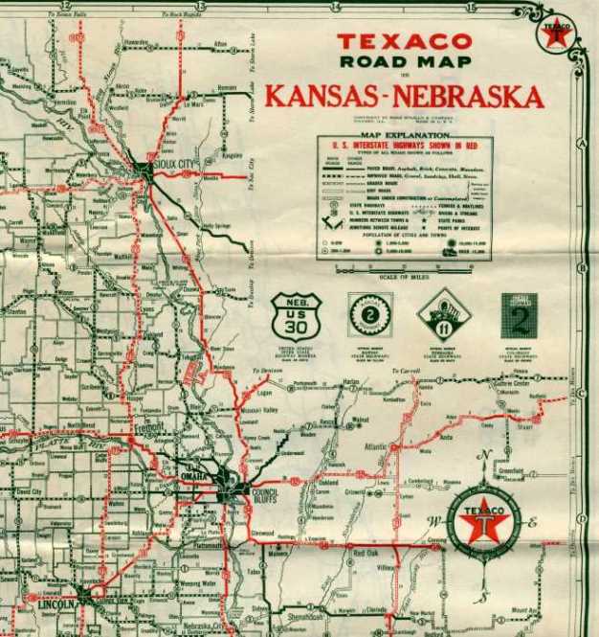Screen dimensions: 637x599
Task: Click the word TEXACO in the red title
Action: coord(404,41)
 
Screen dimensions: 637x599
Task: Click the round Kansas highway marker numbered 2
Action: coord(369,314)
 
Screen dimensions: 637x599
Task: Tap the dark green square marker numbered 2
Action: coord(519,315)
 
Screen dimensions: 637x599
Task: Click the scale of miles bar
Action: coord(398,271)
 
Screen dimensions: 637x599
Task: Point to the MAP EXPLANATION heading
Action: coord(404,135)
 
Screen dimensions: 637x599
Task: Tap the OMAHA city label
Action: coord(193,476)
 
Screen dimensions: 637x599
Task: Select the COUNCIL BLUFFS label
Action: coord(264,493)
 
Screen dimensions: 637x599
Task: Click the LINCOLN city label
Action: coord(57,605)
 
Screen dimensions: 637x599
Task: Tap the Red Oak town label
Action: coord(366,553)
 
